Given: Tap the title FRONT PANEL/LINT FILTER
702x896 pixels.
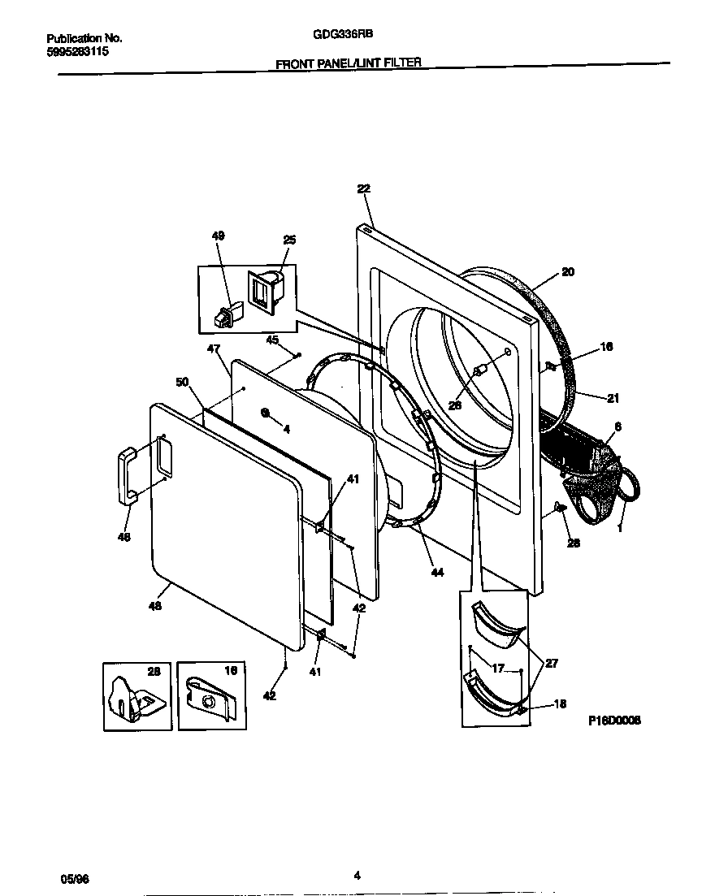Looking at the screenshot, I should [x=349, y=62].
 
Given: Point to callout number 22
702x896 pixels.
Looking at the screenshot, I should [x=363, y=188].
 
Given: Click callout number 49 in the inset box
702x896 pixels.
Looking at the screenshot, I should [x=219, y=236].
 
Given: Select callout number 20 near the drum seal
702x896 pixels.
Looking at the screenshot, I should [x=568, y=272].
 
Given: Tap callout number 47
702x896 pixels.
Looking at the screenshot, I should [x=214, y=348].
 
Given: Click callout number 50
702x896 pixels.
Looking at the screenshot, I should [x=182, y=382].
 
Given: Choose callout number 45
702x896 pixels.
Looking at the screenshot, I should [x=271, y=340].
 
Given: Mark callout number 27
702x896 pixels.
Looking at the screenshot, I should [x=551, y=663].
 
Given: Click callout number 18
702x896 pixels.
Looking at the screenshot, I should [x=559, y=704].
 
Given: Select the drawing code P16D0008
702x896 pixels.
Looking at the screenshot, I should [x=613, y=720].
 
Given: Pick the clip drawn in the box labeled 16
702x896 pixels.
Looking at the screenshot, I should [x=210, y=697].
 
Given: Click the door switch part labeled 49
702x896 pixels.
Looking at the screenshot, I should [x=224, y=316].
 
